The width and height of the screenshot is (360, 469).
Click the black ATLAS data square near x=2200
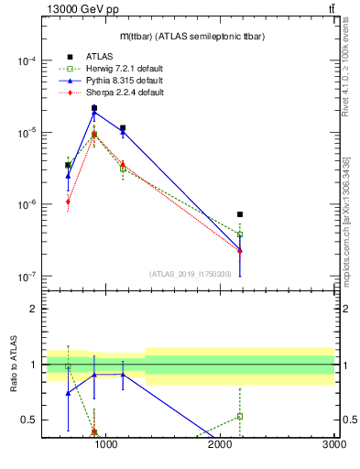pyautogui.click(x=240, y=214)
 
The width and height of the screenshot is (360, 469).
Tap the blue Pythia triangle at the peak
pyautogui.click(x=94, y=113)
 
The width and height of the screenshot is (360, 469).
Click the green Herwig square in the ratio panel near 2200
pyautogui.click(x=240, y=416)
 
